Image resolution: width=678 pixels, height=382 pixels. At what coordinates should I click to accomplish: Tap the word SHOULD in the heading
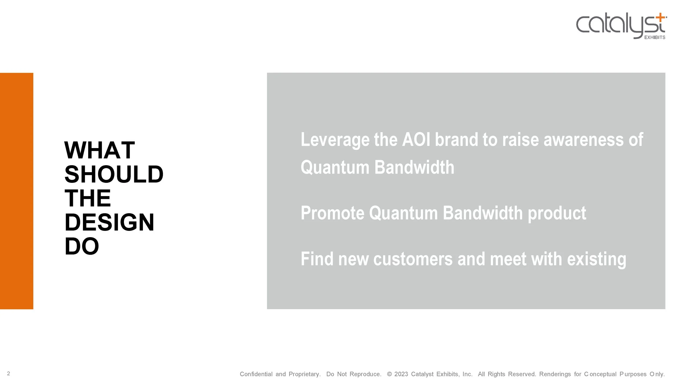[114, 174]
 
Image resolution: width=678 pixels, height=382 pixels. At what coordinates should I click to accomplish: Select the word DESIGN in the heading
[109, 222]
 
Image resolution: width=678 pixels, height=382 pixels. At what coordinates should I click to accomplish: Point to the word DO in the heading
[82, 246]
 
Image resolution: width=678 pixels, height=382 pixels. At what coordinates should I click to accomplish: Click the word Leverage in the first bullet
[335, 140]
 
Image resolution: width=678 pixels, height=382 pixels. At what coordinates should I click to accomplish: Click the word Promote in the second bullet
[332, 213]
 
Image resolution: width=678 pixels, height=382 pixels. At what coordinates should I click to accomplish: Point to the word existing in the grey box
[596, 259]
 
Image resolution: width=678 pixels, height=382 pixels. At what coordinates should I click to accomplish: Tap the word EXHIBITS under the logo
[654, 37]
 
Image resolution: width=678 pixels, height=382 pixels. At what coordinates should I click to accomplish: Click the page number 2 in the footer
[8, 374]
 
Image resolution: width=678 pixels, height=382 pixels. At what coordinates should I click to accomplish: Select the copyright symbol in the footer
[389, 374]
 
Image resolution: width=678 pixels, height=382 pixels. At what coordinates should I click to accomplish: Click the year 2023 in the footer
[401, 374]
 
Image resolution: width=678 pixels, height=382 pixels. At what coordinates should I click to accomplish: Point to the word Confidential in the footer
[256, 374]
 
